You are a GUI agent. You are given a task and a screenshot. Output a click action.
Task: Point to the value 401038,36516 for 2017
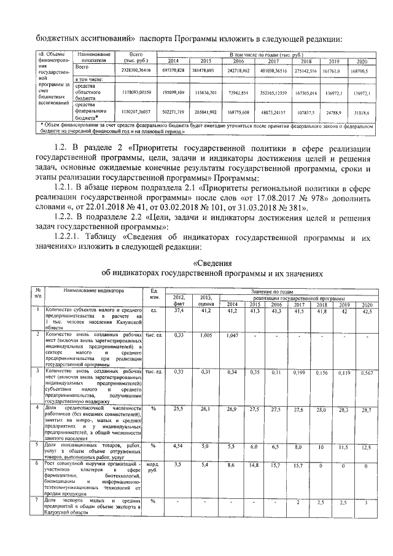click(273, 71)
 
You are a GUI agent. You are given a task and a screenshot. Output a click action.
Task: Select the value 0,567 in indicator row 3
click(367, 373)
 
